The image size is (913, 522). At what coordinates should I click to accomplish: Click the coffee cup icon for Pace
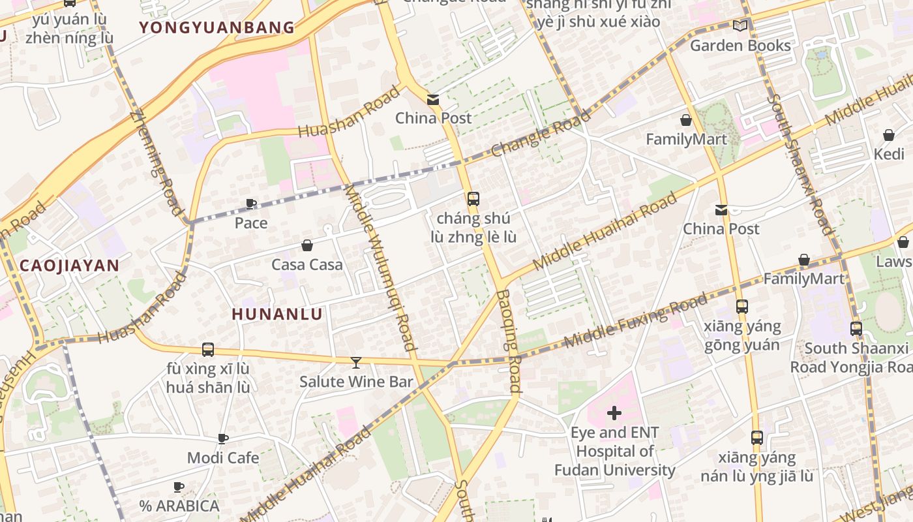point(251,204)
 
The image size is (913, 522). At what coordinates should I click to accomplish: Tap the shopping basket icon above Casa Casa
point(307,246)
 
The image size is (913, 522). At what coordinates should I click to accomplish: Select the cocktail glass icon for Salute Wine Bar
point(356,362)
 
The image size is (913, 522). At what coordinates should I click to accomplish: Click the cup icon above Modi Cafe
point(223,439)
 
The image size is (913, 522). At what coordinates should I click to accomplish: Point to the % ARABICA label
point(179,506)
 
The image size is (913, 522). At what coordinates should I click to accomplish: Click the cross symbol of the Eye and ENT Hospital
point(614,413)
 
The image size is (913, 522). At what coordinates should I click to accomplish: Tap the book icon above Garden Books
point(740,26)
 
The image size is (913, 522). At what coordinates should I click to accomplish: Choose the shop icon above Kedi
point(889,135)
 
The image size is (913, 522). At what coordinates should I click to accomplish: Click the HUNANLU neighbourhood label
point(277,314)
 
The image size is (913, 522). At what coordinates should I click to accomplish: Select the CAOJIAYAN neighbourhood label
point(69,265)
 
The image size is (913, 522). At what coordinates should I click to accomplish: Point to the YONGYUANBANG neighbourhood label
point(217,27)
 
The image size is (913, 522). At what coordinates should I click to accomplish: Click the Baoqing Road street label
point(509,341)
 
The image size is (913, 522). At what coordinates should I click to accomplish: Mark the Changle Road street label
point(541,134)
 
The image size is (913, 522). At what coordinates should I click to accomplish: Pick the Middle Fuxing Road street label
point(635,320)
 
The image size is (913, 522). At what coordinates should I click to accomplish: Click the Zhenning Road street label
point(156,164)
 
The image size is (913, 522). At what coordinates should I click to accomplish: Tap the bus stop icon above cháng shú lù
point(473,199)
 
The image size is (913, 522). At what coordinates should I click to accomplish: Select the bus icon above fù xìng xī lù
point(208,350)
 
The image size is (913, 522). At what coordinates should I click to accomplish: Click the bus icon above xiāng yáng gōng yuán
point(741,306)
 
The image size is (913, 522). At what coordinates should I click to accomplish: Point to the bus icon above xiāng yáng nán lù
point(757,438)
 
